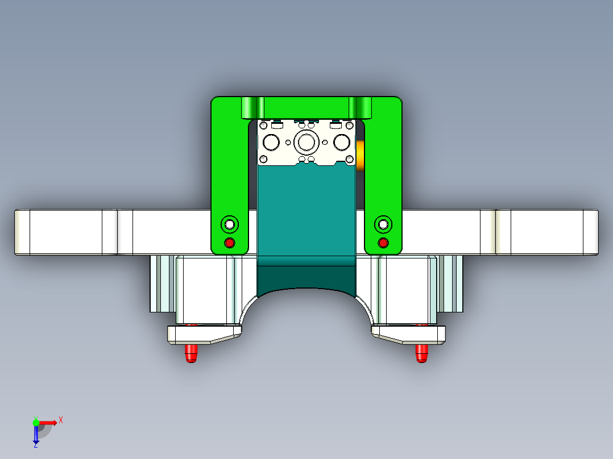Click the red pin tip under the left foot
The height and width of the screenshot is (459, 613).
(x=192, y=354)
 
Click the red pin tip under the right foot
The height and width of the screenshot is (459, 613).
(x=421, y=353)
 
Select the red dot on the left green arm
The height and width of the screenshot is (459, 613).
(x=230, y=243)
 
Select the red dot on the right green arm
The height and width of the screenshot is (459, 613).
(x=383, y=243)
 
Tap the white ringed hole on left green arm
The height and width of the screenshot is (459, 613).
(x=230, y=224)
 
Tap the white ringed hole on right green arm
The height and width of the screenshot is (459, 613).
(x=383, y=224)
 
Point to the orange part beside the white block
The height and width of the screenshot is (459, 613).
(x=360, y=155)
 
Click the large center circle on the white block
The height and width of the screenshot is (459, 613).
(x=306, y=141)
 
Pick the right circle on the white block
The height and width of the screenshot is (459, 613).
(x=342, y=141)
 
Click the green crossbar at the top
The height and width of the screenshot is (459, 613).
(x=306, y=107)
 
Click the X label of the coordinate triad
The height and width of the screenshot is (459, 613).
(x=60, y=420)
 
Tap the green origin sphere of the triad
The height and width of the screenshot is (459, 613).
(x=36, y=422)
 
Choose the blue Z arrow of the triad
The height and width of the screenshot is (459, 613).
(x=36, y=435)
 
